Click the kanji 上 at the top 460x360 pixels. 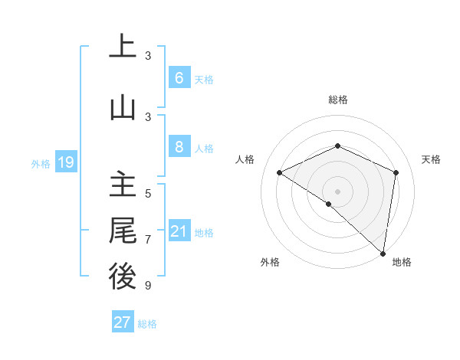pyautogui.click(x=123, y=47)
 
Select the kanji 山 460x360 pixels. pyautogui.click(x=123, y=108)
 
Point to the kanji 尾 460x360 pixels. pyautogui.click(x=123, y=231)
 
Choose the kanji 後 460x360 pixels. pyautogui.click(x=123, y=277)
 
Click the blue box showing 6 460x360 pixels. pyautogui.click(x=179, y=77)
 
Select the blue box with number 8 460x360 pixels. pyautogui.click(x=179, y=147)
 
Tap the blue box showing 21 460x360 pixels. pyautogui.click(x=179, y=231)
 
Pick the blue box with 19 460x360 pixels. pyautogui.click(x=65, y=162)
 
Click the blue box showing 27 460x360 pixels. pyautogui.click(x=123, y=322)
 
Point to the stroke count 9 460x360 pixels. pyautogui.click(x=148, y=286)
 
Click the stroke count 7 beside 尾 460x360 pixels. pyautogui.click(x=148, y=240)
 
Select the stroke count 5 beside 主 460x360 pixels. pyautogui.click(x=148, y=193)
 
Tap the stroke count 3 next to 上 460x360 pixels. pyautogui.click(x=148, y=55)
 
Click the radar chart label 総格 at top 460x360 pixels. pyautogui.click(x=337, y=100)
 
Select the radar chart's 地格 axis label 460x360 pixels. pyautogui.click(x=402, y=262)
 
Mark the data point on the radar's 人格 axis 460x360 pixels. pyautogui.click(x=280, y=173)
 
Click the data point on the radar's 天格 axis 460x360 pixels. pyautogui.click(x=396, y=172)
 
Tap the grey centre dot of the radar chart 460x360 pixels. pyautogui.click(x=337, y=191)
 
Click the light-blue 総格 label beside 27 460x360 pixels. pyautogui.click(x=147, y=324)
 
